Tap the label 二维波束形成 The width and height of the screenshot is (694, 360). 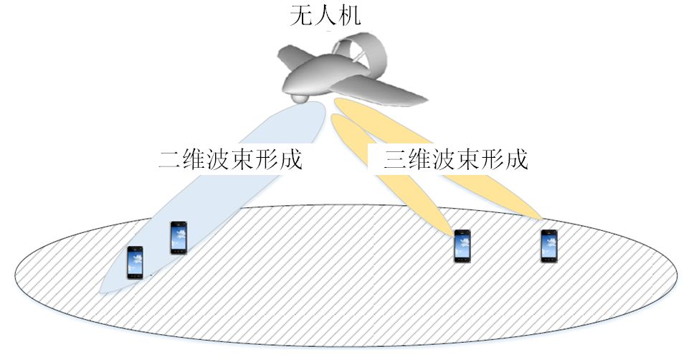(x=230, y=159)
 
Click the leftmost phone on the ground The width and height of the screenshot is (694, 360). (x=135, y=262)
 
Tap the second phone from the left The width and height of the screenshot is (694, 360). (x=179, y=237)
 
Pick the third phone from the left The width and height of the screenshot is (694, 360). (x=462, y=246)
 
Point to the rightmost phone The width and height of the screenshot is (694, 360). (x=549, y=246)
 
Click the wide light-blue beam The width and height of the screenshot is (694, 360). (x=215, y=194)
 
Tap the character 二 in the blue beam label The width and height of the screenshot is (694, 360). (x=170, y=159)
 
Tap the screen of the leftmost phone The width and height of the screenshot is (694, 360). (x=135, y=262)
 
